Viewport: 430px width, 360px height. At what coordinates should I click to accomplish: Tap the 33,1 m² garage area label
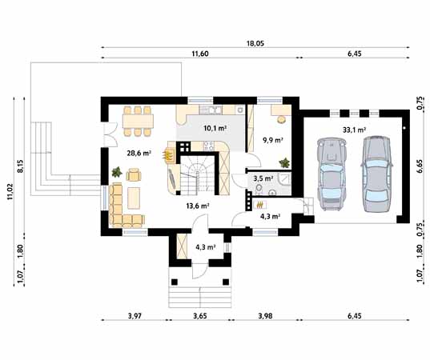point(354,128)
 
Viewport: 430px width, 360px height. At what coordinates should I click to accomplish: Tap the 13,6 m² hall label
point(197,206)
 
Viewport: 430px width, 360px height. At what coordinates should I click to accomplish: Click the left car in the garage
point(331,172)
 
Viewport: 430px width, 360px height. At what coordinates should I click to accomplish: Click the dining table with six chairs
point(141,120)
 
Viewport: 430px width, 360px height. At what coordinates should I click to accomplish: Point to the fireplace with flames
point(170,153)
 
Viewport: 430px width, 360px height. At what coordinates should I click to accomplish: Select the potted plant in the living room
point(118,170)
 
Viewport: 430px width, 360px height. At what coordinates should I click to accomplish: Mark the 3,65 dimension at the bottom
point(199,317)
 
